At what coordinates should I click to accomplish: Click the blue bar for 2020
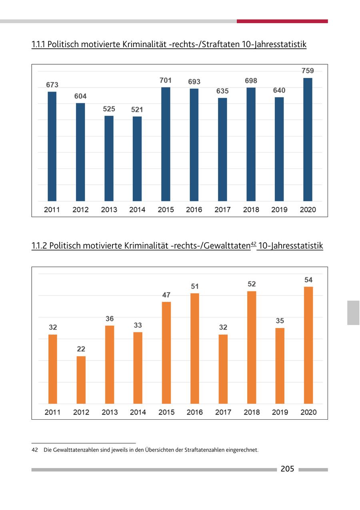(308, 139)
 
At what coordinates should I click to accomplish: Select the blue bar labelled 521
(137, 159)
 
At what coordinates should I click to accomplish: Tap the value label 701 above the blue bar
(166, 80)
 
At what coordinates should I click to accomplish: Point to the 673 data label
(52, 85)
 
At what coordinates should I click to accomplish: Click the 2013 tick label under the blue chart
(109, 209)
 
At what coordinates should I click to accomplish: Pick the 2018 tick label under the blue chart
(251, 209)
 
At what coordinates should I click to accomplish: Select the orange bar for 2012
(81, 380)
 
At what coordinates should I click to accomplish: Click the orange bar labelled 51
(195, 349)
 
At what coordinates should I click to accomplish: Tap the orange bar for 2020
(308, 345)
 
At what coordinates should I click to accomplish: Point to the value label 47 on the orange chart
(166, 295)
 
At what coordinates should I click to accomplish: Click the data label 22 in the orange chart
(81, 349)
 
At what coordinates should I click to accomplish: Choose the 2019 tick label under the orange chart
(280, 412)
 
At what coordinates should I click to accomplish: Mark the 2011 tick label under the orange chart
(53, 412)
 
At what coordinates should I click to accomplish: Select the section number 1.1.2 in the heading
(39, 246)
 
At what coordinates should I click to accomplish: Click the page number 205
(287, 469)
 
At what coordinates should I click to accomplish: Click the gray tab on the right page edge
(353, 313)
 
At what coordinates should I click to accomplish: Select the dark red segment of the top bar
(282, 21)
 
